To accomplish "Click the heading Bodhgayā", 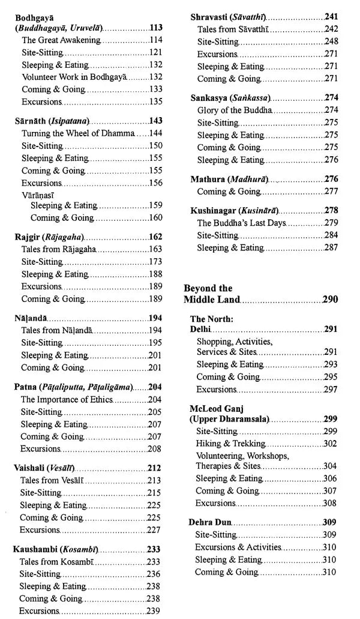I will (x=35, y=17).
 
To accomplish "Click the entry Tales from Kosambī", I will (x=56, y=561).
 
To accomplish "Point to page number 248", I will (x=331, y=41).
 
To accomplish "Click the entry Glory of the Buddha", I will (x=235, y=110).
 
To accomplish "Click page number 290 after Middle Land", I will (x=330, y=299).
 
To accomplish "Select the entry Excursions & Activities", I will (x=238, y=547).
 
